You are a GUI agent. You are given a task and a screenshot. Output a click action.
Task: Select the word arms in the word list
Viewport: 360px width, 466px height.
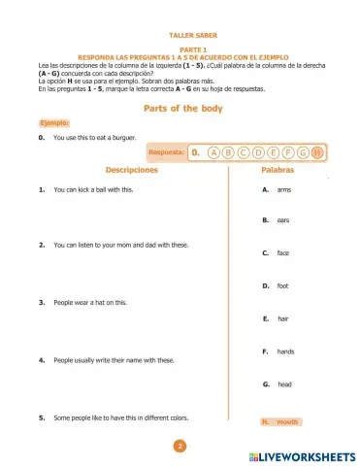click(x=283, y=189)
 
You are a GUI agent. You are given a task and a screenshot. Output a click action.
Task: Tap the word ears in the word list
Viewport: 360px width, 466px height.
click(x=283, y=220)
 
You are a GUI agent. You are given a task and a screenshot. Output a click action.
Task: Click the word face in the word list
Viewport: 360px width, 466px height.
click(x=283, y=252)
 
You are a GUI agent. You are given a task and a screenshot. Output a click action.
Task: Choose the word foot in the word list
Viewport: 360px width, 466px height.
click(x=283, y=285)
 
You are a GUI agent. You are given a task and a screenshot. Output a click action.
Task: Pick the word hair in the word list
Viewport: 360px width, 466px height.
click(x=283, y=318)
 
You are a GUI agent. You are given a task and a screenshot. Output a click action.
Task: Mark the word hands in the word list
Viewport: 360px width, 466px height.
click(x=285, y=351)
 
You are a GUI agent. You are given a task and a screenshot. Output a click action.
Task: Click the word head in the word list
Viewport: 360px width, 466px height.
click(x=284, y=384)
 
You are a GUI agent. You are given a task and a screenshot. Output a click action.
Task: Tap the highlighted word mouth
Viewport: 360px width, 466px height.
click(x=287, y=422)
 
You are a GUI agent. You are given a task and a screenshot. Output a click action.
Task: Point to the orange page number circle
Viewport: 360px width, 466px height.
click(x=179, y=447)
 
